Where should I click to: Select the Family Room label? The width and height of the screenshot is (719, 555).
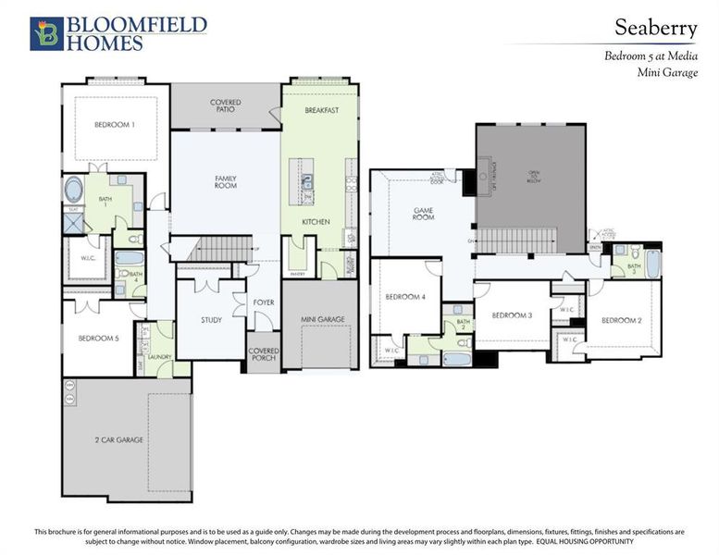pos(226,182)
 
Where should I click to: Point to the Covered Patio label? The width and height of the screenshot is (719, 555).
pos(226,105)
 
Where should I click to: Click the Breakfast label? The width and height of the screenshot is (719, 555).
pos(322,111)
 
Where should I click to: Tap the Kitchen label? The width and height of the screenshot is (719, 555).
pos(316,222)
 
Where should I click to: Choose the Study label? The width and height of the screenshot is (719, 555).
pos(211,320)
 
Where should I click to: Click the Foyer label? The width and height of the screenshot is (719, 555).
pos(263,302)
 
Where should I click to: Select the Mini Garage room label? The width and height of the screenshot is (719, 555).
pos(323,319)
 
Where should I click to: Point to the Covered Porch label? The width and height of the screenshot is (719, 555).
pos(263,356)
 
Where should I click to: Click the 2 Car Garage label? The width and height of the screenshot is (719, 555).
pos(118,439)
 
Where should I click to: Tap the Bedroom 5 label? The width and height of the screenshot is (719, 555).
pos(98,338)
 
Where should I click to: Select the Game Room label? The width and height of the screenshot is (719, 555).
pos(424,215)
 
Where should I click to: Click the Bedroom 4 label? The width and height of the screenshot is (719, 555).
pos(404,297)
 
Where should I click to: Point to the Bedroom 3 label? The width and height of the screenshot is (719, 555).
pos(512,315)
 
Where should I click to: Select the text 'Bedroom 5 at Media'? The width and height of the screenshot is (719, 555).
pos(651,55)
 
